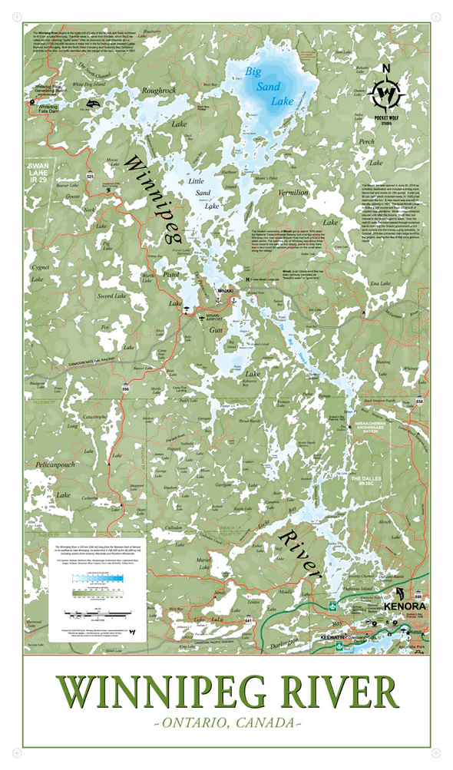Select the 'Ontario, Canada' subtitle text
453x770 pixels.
[227, 723]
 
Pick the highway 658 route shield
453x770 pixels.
[419, 402]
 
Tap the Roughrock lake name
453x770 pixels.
[160, 90]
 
